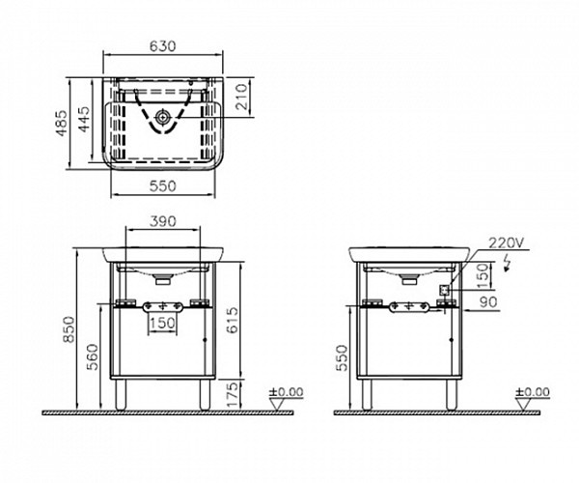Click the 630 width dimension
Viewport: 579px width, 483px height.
pos(162,46)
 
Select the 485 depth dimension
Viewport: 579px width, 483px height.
pos(62,123)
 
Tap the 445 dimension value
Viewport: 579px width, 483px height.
pos(84,119)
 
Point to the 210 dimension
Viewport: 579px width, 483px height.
pos(242,97)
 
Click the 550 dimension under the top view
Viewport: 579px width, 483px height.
pos(162,185)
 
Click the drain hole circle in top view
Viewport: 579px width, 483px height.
pos(162,117)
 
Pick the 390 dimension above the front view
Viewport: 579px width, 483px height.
pos(163,221)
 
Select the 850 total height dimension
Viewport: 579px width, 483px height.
pos(69,329)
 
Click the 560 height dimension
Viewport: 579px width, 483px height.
pos(93,356)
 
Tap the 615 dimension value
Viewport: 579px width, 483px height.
pos(233,320)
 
